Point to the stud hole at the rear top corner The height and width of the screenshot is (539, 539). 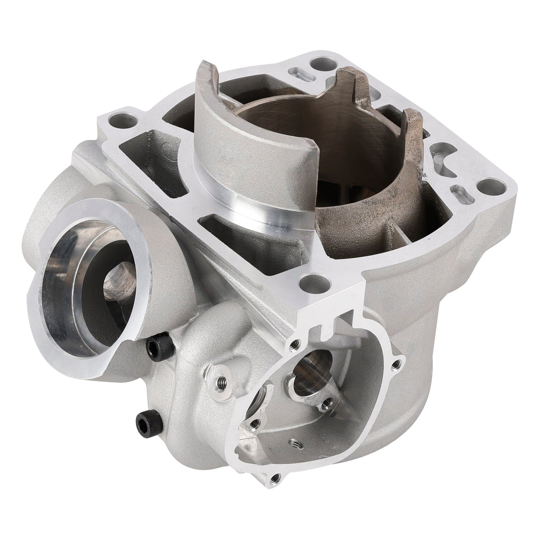pos(318,62)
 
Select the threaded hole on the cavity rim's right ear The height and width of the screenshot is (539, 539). pos(400,361)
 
